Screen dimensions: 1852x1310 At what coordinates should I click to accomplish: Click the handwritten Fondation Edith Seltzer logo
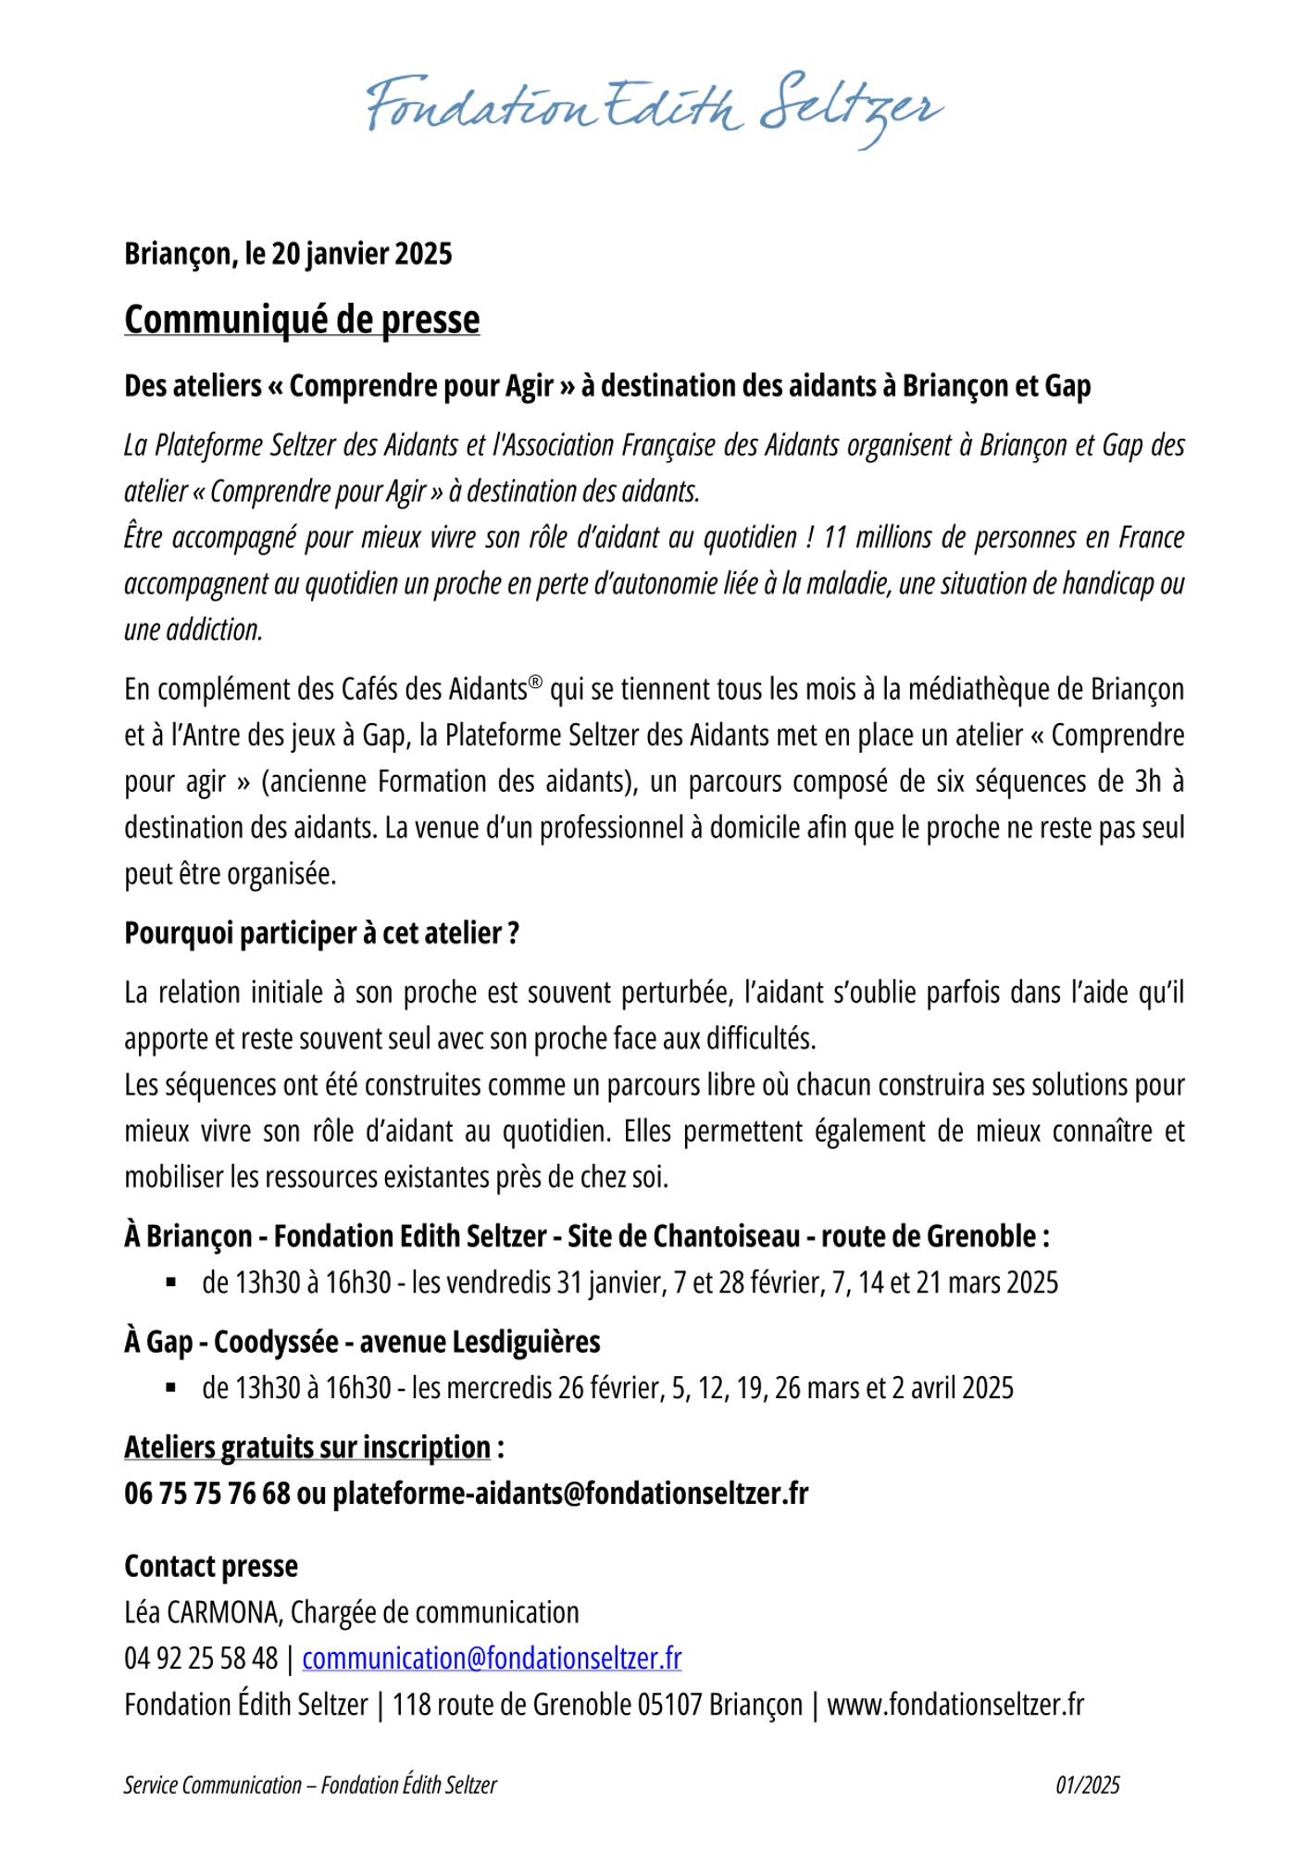click(655, 108)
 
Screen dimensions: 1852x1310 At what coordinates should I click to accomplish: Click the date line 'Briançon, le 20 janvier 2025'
click(288, 254)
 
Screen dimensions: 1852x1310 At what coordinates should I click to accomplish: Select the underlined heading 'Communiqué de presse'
click(302, 319)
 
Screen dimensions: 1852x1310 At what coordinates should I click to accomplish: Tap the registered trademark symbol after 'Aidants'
click(535, 682)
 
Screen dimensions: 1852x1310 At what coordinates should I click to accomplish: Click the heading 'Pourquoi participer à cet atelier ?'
click(321, 933)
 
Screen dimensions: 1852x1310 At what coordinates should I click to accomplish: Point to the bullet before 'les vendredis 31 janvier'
click(171, 1283)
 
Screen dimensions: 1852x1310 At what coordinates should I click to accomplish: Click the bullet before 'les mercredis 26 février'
click(171, 1388)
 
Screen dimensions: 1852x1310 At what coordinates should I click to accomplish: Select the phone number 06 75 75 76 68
click(206, 1494)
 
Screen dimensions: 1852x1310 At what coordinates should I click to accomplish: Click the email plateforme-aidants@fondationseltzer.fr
click(570, 1494)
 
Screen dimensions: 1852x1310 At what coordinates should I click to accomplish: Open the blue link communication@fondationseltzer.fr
click(492, 1658)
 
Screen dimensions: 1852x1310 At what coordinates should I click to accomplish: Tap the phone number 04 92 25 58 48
click(201, 1658)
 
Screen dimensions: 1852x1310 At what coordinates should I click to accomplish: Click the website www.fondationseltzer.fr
click(954, 1705)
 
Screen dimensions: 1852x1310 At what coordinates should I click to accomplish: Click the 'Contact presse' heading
click(211, 1566)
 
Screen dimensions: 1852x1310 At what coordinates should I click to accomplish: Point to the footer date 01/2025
click(1087, 1785)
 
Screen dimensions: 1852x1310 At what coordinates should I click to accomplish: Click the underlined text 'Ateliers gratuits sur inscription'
click(307, 1447)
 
